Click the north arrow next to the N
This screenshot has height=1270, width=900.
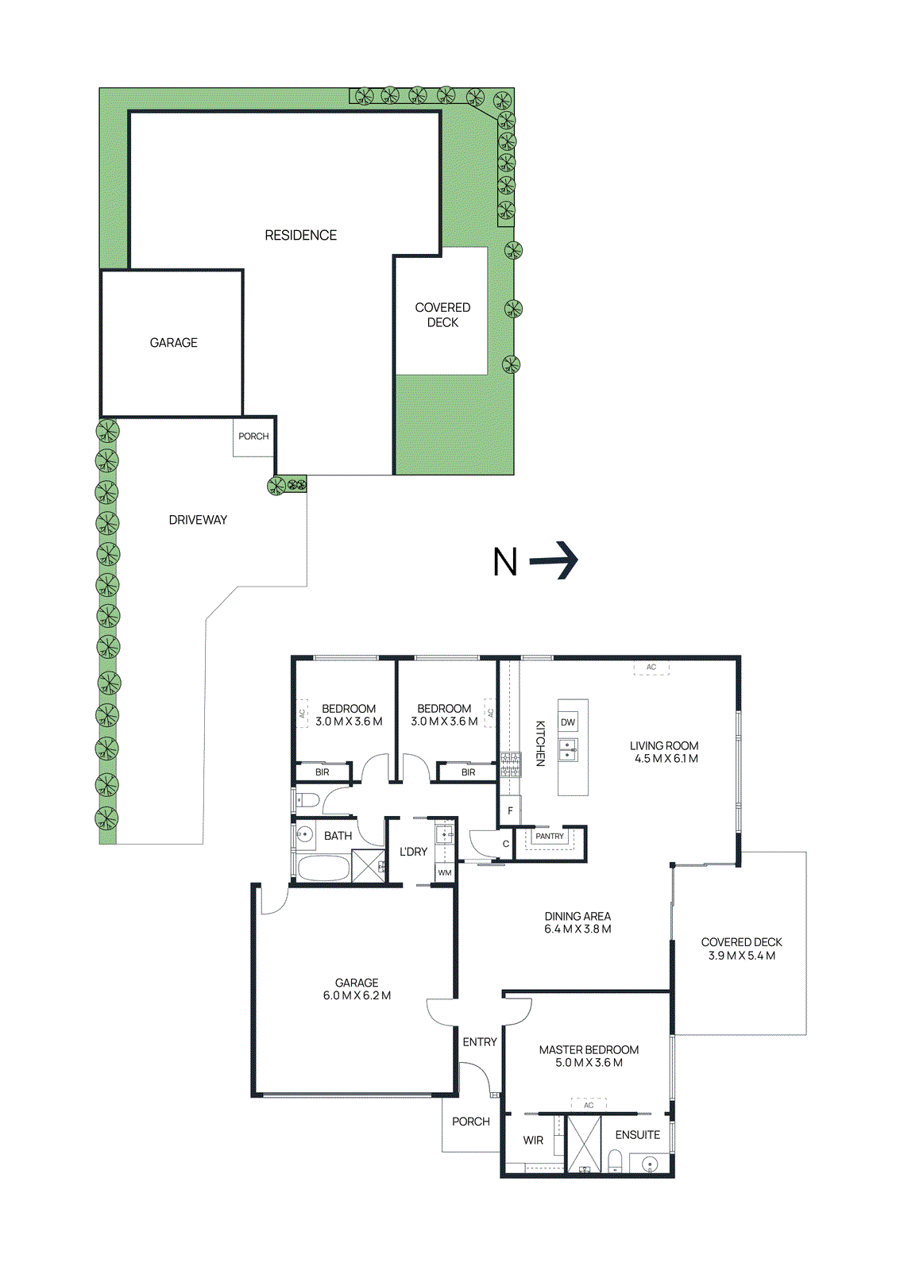(x=554, y=560)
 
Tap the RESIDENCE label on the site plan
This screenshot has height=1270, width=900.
(x=301, y=235)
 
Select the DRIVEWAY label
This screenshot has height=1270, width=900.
(x=198, y=520)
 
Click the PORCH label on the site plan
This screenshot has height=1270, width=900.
(x=253, y=436)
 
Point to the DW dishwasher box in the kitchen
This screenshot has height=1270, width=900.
(x=568, y=722)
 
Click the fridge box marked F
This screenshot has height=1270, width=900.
(x=510, y=810)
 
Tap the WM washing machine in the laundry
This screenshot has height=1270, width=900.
(x=445, y=872)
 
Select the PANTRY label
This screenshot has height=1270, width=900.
(x=550, y=837)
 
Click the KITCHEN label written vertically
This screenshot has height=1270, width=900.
(x=540, y=743)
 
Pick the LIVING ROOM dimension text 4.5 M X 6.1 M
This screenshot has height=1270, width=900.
(x=666, y=759)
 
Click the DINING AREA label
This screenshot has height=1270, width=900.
(x=577, y=916)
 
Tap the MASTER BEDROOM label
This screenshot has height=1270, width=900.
(x=589, y=1050)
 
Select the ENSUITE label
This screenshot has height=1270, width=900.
(x=638, y=1135)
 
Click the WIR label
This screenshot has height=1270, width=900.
(x=534, y=1140)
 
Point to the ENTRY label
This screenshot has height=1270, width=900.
(x=480, y=1042)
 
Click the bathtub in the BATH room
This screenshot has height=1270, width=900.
(x=322, y=868)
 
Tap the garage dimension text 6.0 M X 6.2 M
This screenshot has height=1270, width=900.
(x=357, y=995)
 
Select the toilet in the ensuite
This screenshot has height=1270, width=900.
(x=615, y=1160)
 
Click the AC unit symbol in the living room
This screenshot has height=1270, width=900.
(x=651, y=668)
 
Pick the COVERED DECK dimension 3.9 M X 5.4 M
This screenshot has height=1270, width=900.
(x=742, y=956)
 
